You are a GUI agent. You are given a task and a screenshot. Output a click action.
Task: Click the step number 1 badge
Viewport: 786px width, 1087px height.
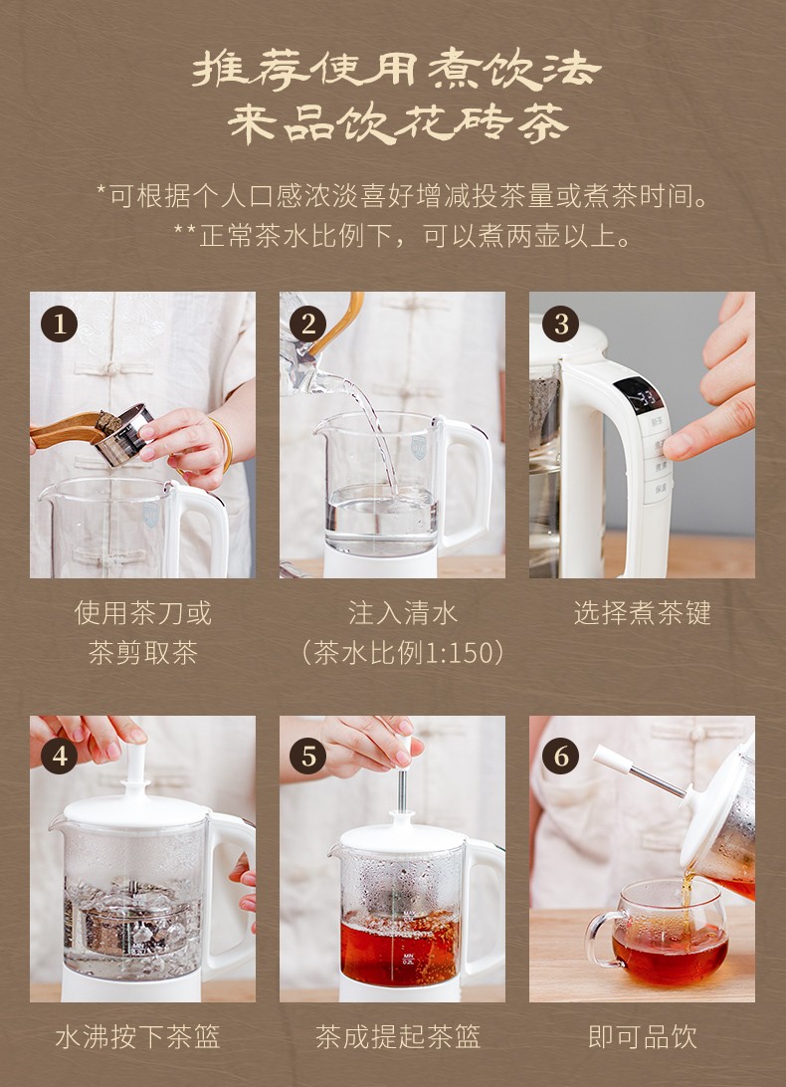coord(59,324)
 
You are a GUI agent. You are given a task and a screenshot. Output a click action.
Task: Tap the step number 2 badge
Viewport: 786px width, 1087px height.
coord(307,324)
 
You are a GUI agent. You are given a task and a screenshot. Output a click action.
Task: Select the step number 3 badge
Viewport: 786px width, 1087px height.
coord(560,324)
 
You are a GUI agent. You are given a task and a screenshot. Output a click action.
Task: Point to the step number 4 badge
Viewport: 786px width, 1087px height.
coord(59,756)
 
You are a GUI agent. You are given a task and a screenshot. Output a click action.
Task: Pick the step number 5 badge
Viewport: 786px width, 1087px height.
coord(307,756)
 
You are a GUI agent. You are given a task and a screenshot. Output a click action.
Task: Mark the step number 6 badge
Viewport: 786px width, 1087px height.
coord(560,756)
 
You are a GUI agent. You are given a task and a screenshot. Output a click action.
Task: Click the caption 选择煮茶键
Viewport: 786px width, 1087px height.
coord(642,613)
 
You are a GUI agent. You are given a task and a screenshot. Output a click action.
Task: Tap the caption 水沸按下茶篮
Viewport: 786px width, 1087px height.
coord(137,1037)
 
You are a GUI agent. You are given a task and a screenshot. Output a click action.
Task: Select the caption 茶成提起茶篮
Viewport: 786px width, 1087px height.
coord(398,1037)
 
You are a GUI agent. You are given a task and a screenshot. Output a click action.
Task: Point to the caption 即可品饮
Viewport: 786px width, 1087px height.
coord(642,1037)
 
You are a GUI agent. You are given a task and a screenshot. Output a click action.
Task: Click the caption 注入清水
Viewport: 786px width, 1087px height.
coord(403,613)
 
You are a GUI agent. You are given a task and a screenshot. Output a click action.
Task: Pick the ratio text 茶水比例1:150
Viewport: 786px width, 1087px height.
coord(402,653)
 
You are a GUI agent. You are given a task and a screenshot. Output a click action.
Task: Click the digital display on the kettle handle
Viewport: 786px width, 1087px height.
coord(639,396)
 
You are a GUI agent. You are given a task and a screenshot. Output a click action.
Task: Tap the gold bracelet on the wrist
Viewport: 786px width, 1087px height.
coord(223,444)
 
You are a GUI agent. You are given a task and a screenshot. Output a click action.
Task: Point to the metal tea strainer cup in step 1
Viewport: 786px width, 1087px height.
coord(123,435)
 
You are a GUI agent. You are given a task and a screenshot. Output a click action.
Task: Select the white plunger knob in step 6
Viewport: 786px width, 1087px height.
coord(612,759)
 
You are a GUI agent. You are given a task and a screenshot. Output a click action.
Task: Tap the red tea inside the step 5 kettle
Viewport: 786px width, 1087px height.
coord(399,949)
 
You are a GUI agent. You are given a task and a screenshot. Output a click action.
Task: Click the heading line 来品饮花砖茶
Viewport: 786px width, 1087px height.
coord(398,124)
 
